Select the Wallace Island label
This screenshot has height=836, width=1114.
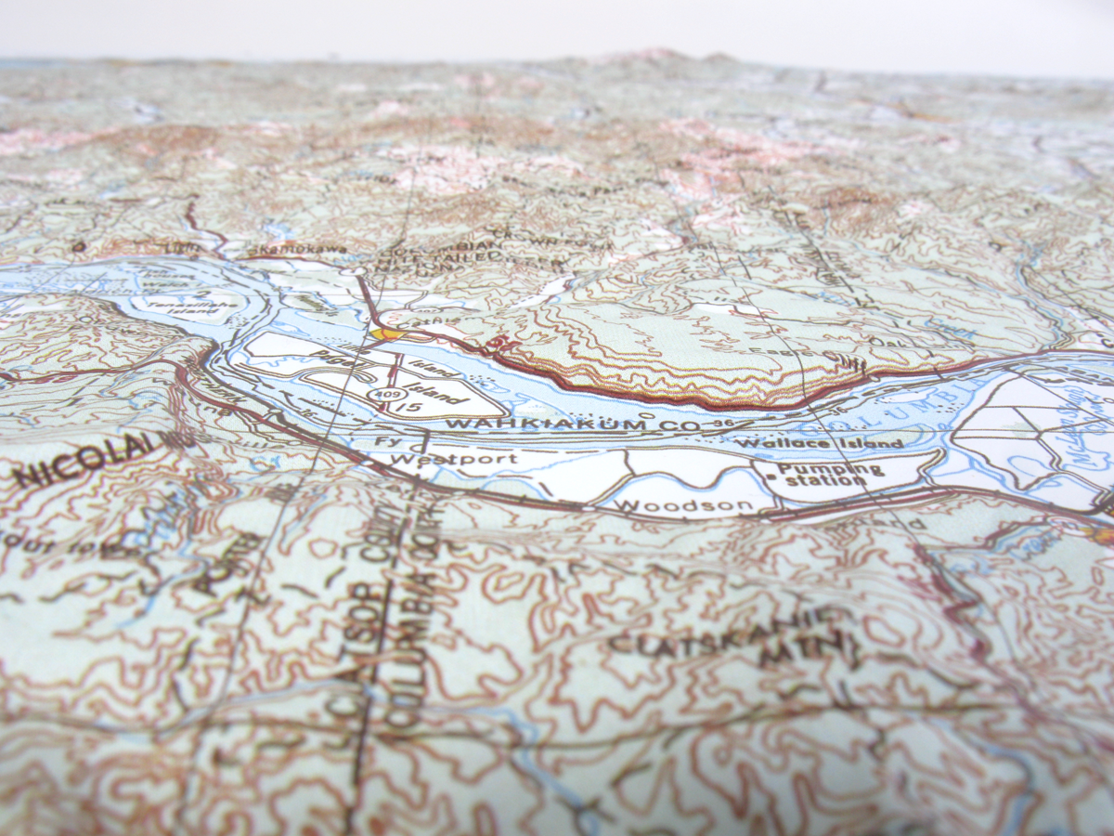coord(818,444)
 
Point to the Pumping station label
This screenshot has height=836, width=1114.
coord(819,475)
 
